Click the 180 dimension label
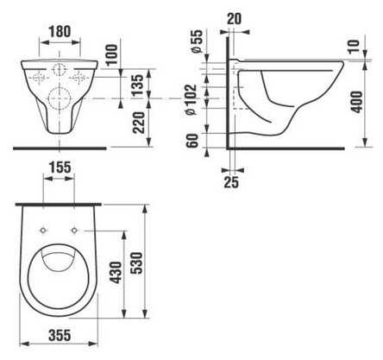pyautogui.click(x=60, y=31)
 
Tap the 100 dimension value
pyautogui.click(x=112, y=54)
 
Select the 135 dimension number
pyautogui.click(x=137, y=85)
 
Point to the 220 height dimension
pyautogui.click(x=139, y=123)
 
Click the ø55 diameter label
pyautogui.click(x=198, y=41)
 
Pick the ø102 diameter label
pyautogui.click(x=191, y=99)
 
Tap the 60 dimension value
pyautogui.click(x=192, y=141)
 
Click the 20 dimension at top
pyautogui.click(x=235, y=19)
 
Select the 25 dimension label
pyautogui.click(x=231, y=182)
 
